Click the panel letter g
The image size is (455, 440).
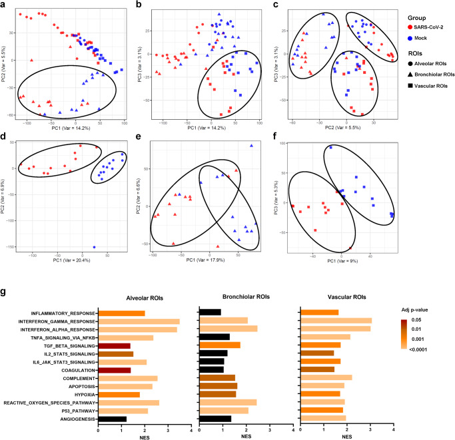pyautogui.click(x=6, y=274)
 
